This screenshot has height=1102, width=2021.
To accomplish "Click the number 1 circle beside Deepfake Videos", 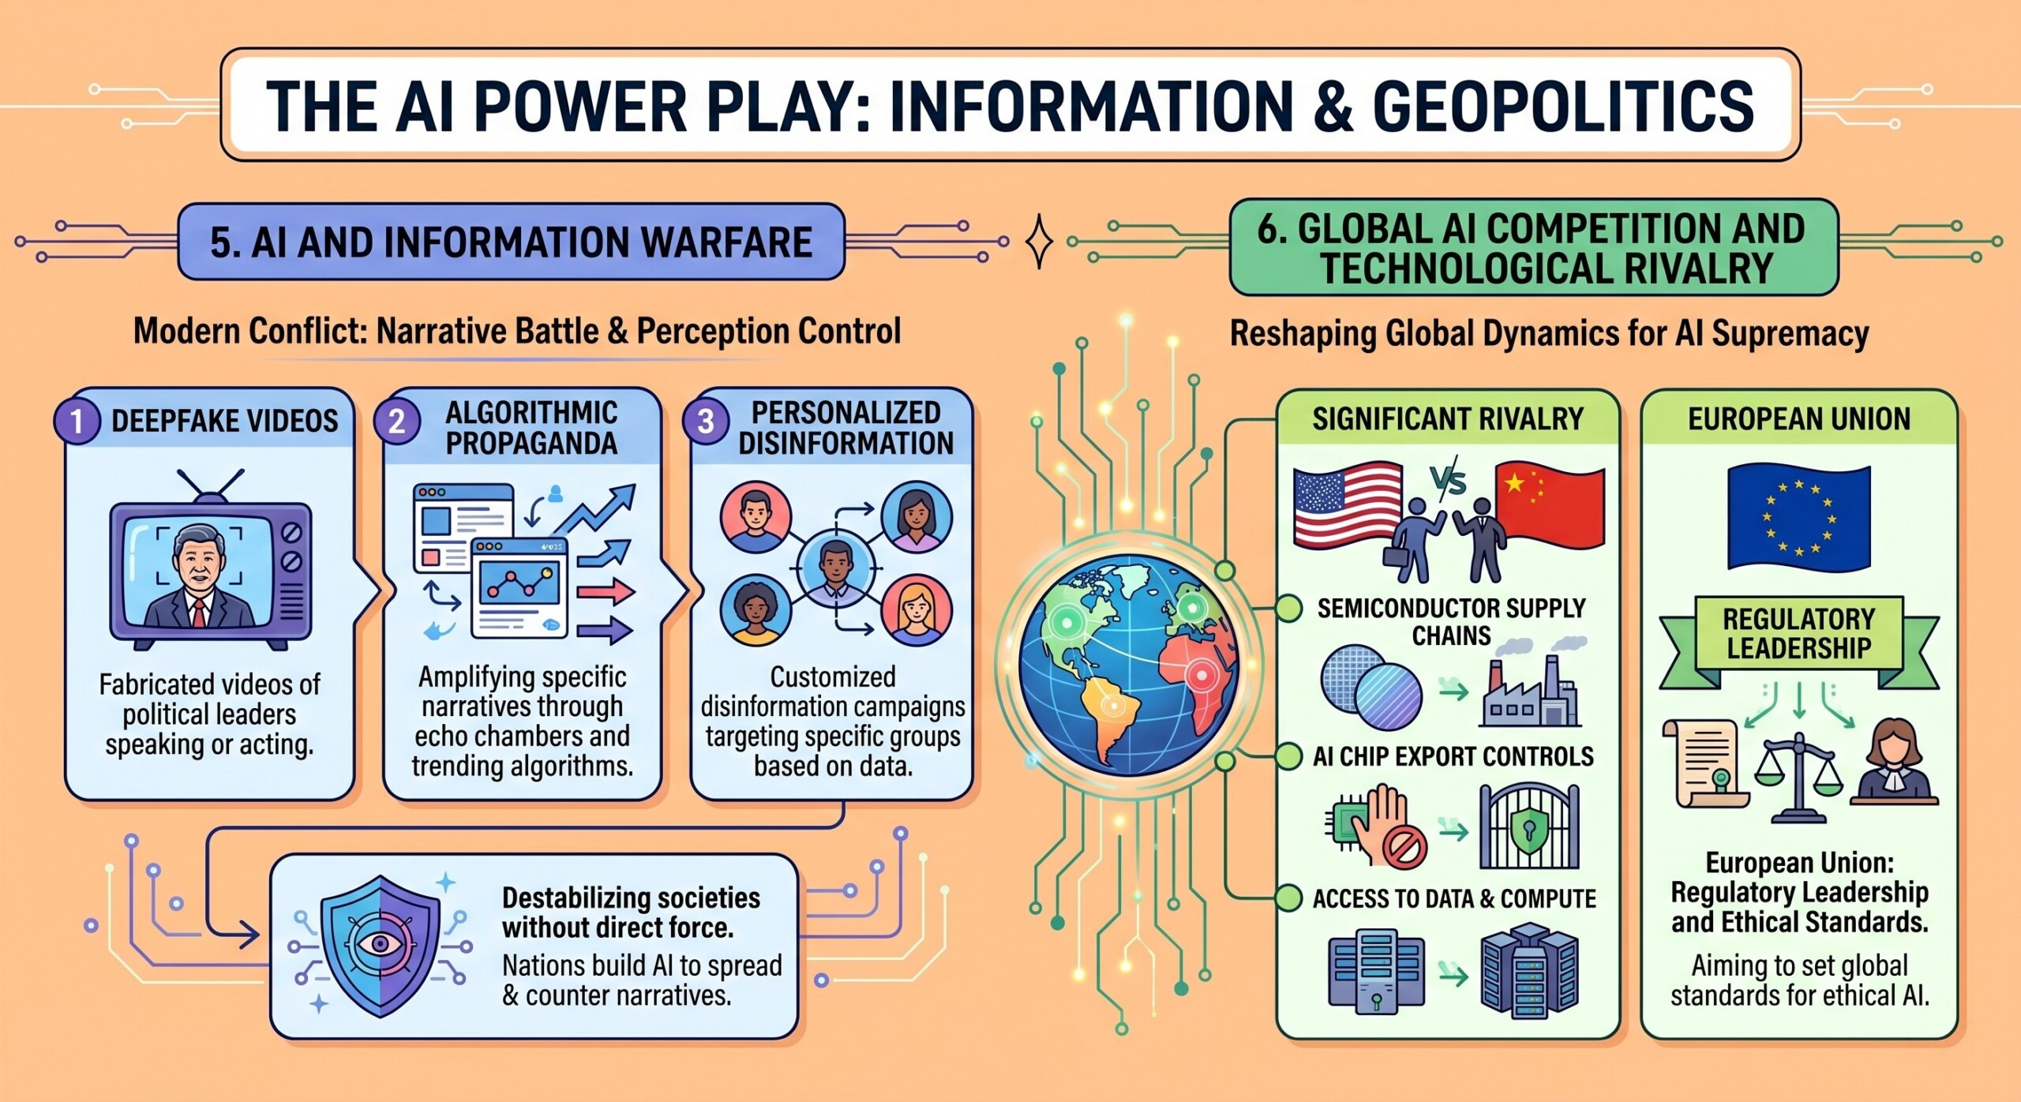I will (77, 421).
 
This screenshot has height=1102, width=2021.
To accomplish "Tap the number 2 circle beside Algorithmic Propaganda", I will (396, 421).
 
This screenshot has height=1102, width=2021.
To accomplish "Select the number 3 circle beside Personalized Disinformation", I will (705, 421).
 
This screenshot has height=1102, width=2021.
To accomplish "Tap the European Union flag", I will (1798, 517).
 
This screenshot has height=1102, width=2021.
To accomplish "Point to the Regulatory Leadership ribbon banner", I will (1798, 633).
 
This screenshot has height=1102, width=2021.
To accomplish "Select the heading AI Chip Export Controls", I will (1453, 756).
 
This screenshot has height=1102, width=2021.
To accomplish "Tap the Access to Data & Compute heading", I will (1453, 898).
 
